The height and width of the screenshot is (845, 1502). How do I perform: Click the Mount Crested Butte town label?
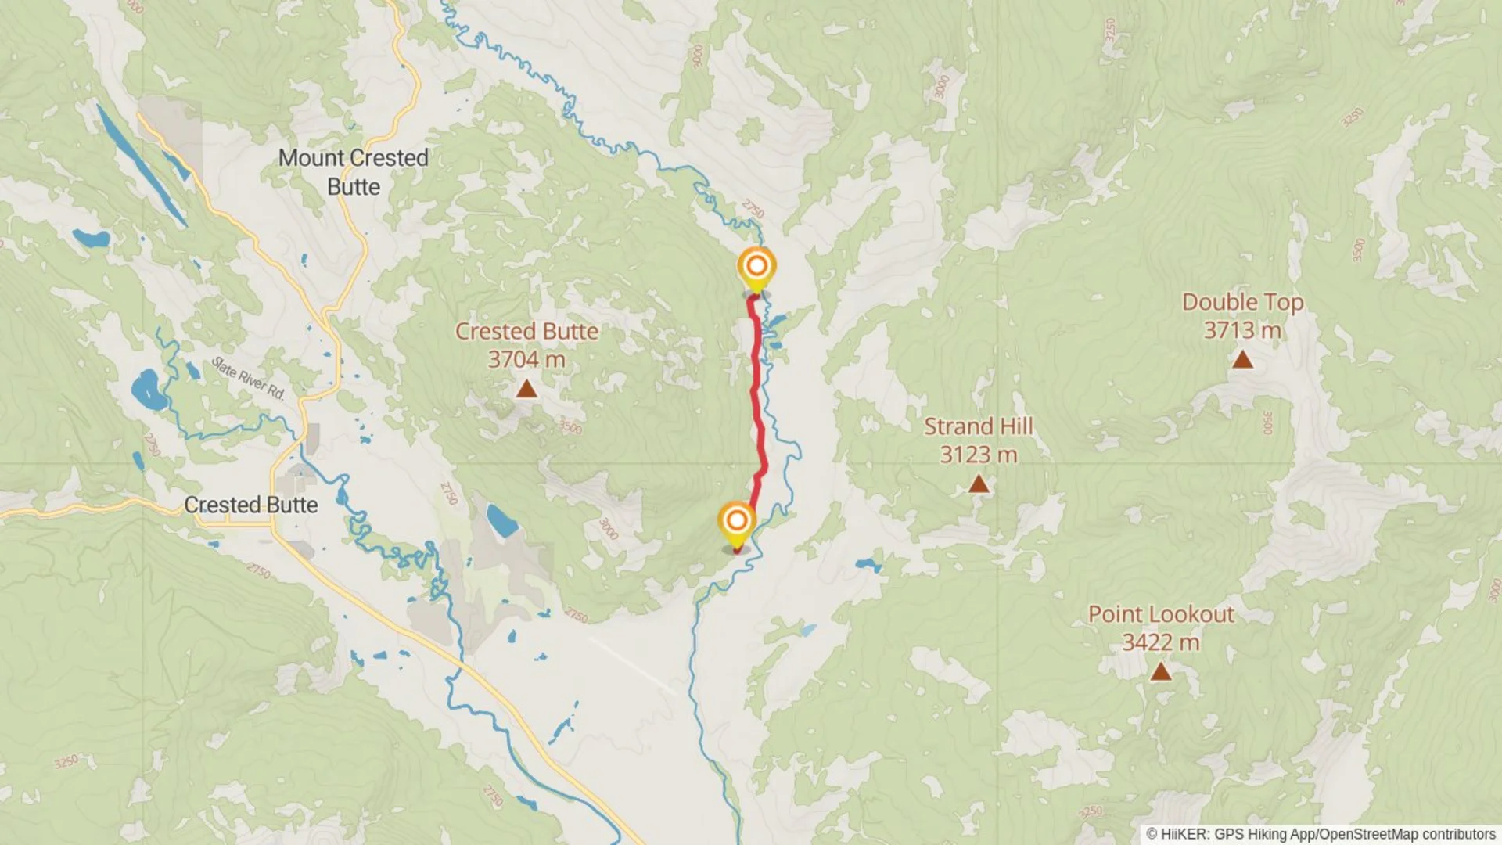pyautogui.click(x=354, y=172)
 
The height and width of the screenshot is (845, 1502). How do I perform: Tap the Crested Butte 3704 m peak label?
pyautogui.click(x=526, y=345)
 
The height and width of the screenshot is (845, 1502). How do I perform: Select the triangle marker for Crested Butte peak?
pyautogui.click(x=526, y=388)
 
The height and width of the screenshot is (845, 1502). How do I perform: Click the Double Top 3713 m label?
pyautogui.click(x=1242, y=315)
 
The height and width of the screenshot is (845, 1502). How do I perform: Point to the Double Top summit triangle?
pyautogui.click(x=1242, y=360)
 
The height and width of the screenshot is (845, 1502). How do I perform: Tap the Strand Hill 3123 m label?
pyautogui.click(x=978, y=440)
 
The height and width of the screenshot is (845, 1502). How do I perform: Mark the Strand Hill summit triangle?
pyautogui.click(x=978, y=484)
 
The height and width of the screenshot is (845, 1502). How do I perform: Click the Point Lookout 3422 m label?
pyautogui.click(x=1161, y=627)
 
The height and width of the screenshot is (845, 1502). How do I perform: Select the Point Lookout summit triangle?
pyautogui.click(x=1161, y=671)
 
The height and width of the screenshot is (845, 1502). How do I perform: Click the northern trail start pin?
pyautogui.click(x=756, y=268)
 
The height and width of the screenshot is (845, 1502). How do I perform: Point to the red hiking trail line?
pyautogui.click(x=757, y=391)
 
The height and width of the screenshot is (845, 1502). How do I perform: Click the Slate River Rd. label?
pyautogui.click(x=249, y=378)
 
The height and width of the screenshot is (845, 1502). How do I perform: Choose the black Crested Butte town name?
pyautogui.click(x=250, y=505)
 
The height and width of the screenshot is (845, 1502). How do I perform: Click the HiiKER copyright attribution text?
pyautogui.click(x=1321, y=834)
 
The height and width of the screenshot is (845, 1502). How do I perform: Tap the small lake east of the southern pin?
pyautogui.click(x=867, y=563)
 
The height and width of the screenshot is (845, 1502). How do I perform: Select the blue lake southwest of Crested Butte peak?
pyautogui.click(x=501, y=520)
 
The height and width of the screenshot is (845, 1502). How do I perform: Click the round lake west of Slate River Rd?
pyautogui.click(x=148, y=390)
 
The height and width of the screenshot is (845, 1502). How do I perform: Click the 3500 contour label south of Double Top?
pyautogui.click(x=1268, y=422)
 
